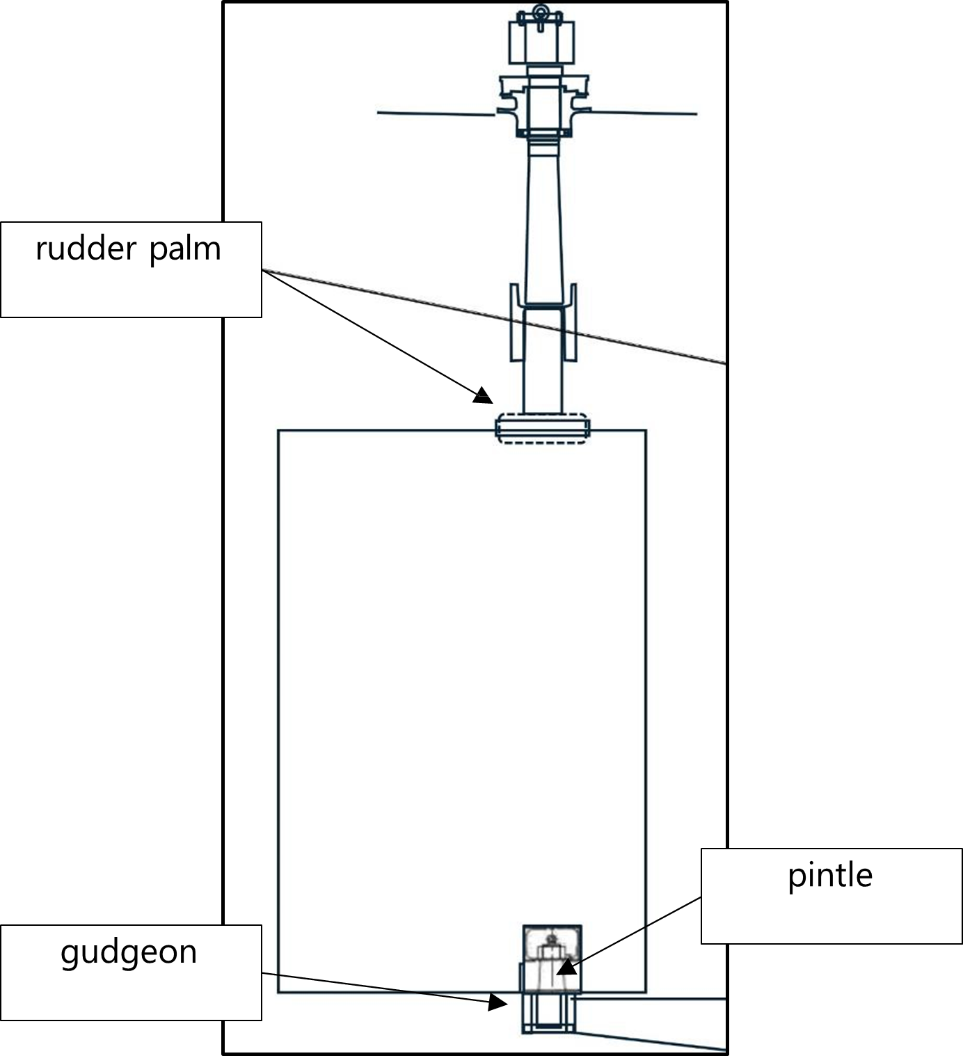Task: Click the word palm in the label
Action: click(x=185, y=249)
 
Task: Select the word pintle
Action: click(x=830, y=876)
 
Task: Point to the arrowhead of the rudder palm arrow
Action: click(x=483, y=396)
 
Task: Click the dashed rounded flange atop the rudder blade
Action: click(x=542, y=428)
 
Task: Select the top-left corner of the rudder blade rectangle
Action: click(x=278, y=430)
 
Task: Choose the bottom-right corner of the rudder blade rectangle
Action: click(x=646, y=992)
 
